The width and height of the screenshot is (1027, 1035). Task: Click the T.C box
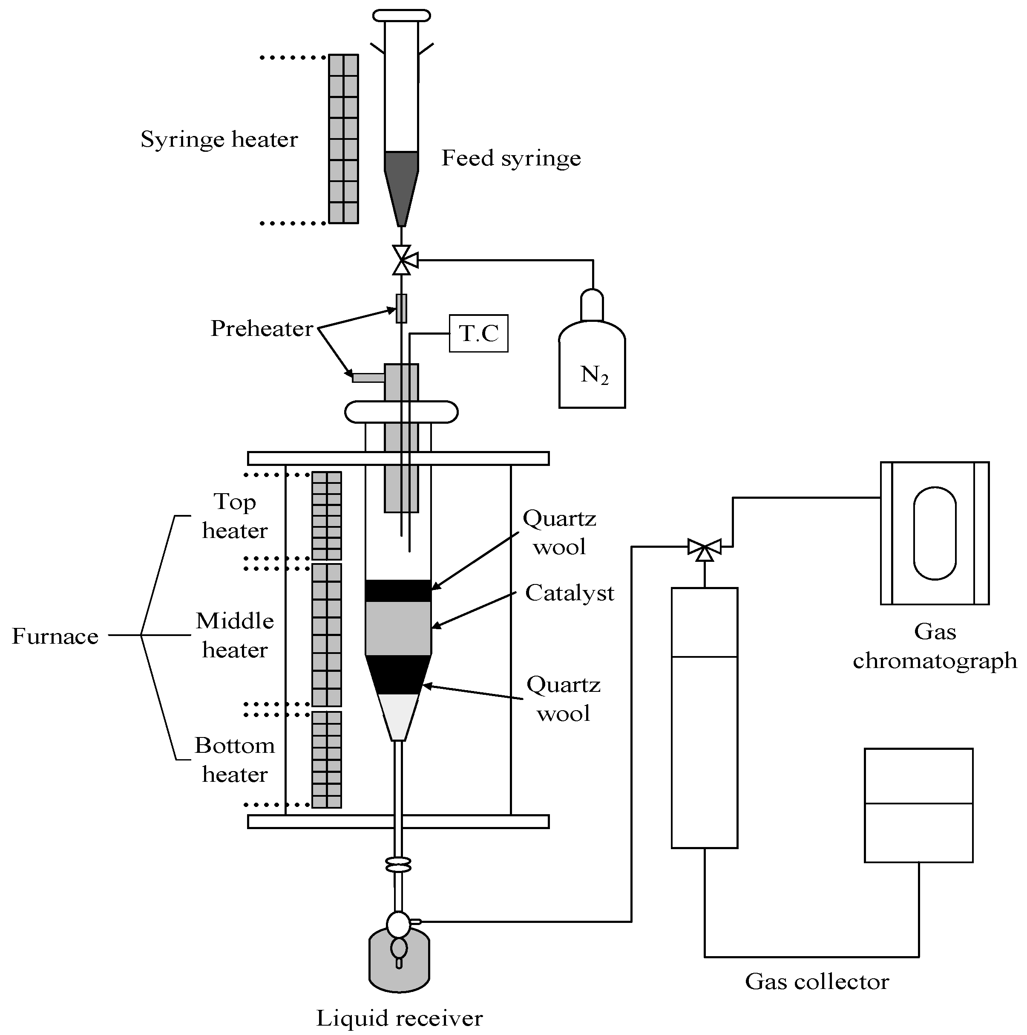pyautogui.click(x=478, y=333)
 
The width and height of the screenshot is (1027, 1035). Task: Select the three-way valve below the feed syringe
pyautogui.click(x=402, y=260)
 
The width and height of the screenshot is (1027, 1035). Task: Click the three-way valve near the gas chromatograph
pyautogui.click(x=704, y=547)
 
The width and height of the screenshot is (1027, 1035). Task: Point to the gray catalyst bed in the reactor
pyautogui.click(x=398, y=628)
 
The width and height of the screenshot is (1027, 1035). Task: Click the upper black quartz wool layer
pyautogui.click(x=398, y=590)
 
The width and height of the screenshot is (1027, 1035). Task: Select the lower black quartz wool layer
pyautogui.click(x=398, y=674)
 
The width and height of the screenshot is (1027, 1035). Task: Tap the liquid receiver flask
pyautogui.click(x=399, y=962)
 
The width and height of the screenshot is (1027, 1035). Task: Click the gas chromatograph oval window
pyautogui.click(x=935, y=533)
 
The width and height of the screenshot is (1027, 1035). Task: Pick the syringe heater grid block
pyautogui.click(x=343, y=139)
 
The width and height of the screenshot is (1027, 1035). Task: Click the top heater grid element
pyautogui.click(x=327, y=515)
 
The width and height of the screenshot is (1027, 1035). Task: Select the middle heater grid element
pyautogui.click(x=327, y=635)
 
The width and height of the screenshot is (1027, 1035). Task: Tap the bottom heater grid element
pyautogui.click(x=327, y=759)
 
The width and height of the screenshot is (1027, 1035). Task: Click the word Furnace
pyautogui.click(x=55, y=636)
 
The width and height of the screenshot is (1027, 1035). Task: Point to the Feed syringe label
pyautogui.click(x=511, y=158)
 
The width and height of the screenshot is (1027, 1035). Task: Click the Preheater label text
pyautogui.click(x=261, y=328)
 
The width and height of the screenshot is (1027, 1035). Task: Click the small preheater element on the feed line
pyautogui.click(x=401, y=309)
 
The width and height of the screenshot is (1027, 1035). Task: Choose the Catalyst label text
pyautogui.click(x=569, y=593)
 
